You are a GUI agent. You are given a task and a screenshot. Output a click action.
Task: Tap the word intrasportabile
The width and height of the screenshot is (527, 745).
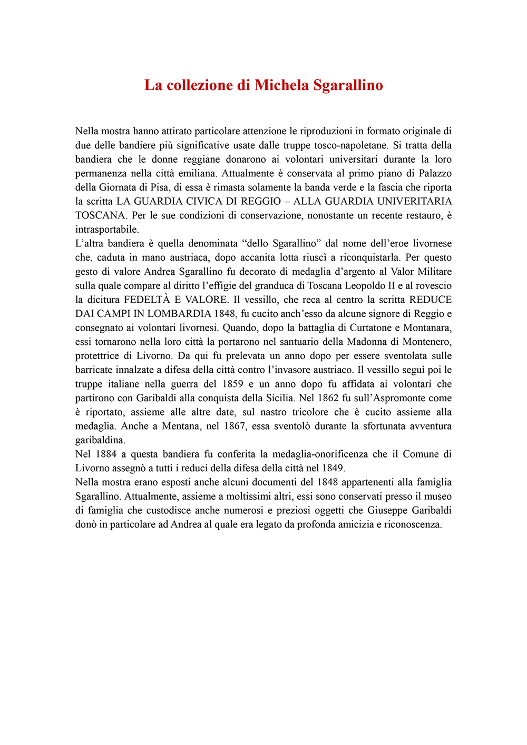tap(107, 230)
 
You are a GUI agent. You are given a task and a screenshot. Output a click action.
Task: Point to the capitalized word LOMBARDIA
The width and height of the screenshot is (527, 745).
tap(179, 314)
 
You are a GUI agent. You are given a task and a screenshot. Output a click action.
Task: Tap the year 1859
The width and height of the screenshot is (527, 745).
tap(232, 384)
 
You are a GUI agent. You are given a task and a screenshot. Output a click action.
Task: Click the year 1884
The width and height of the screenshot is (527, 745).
tap(106, 454)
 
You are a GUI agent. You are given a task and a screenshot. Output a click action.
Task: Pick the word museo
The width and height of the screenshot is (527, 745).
tap(438, 496)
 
